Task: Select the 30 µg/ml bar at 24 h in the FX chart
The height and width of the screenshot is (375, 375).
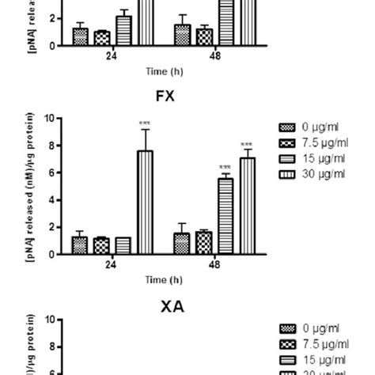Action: tap(145, 203)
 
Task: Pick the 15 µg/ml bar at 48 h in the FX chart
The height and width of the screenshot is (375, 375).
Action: tap(225, 216)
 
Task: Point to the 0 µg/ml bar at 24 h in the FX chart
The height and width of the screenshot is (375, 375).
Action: tap(79, 245)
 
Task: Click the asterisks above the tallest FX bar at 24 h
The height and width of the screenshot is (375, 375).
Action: tap(145, 123)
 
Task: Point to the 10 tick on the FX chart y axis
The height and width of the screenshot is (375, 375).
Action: tap(49, 119)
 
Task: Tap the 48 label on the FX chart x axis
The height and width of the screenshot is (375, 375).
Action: tap(214, 265)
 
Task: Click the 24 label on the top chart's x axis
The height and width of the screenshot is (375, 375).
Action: tap(112, 56)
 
